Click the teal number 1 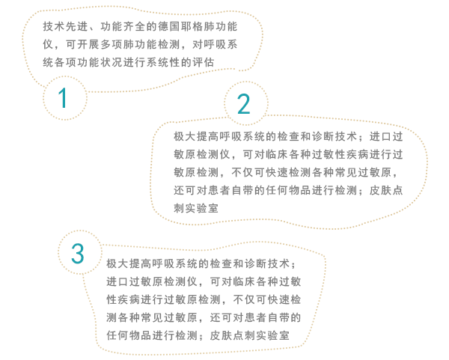pyautogui.click(x=64, y=99)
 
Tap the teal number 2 pyautogui.click(x=244, y=104)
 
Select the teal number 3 pyautogui.click(x=78, y=254)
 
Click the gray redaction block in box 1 pyautogui.click(x=138, y=44)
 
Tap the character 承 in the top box pyautogui.click(x=232, y=44)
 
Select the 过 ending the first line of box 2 pyautogui.click(x=398, y=137)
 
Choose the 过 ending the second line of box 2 pyautogui.click(x=398, y=155)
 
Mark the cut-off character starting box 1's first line pyautogui.click(x=46, y=26)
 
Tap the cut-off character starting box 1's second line pyautogui.click(x=46, y=44)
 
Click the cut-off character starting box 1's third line pyautogui.click(x=46, y=61)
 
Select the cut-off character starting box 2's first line pyautogui.click(x=177, y=137)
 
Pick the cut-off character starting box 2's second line pyautogui.click(x=177, y=155)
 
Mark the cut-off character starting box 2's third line pyautogui.click(x=177, y=172)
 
